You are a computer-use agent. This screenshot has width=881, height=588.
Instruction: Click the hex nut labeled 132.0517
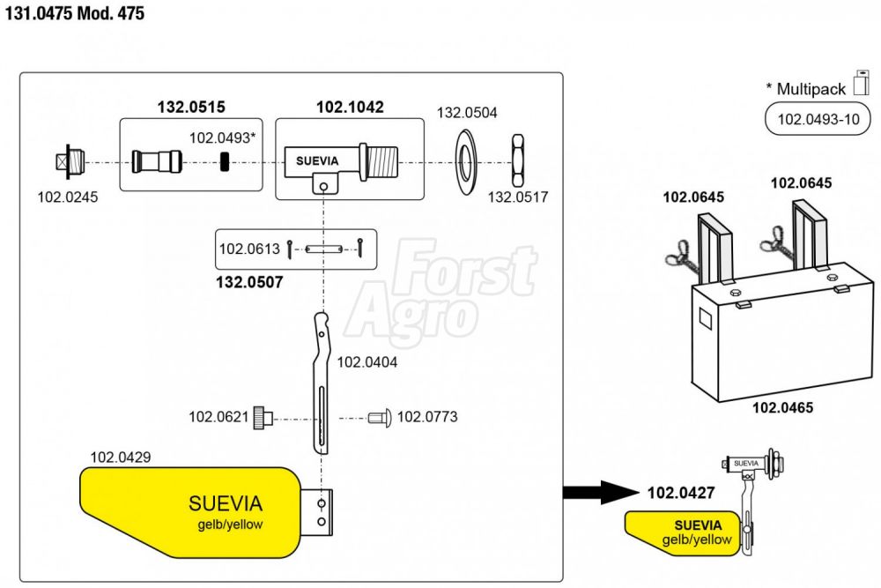tap(519, 161)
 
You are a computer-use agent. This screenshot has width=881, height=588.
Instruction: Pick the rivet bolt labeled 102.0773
tap(380, 416)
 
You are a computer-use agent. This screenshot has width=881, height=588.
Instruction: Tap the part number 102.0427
tap(680, 494)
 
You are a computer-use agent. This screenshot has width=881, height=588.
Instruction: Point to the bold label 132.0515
tap(191, 108)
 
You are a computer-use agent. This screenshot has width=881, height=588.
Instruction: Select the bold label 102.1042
tap(350, 108)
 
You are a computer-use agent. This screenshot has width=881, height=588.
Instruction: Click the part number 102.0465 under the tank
tap(782, 408)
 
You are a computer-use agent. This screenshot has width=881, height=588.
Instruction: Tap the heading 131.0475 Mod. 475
tap(75, 14)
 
